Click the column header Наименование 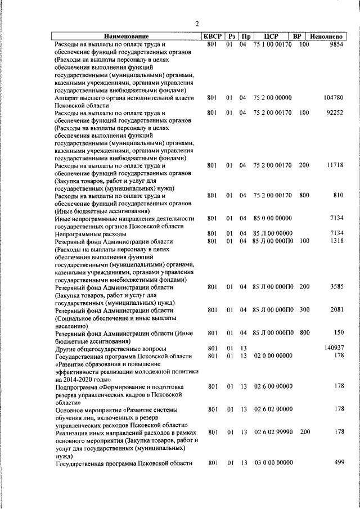tap(126, 37)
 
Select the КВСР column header tap(212, 37)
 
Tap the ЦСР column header tap(271, 37)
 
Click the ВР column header tap(299, 37)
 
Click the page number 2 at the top tap(196, 24)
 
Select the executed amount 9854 tap(335, 44)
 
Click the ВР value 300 tap(304, 310)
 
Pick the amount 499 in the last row tap(338, 462)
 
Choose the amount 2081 tap(336, 310)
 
